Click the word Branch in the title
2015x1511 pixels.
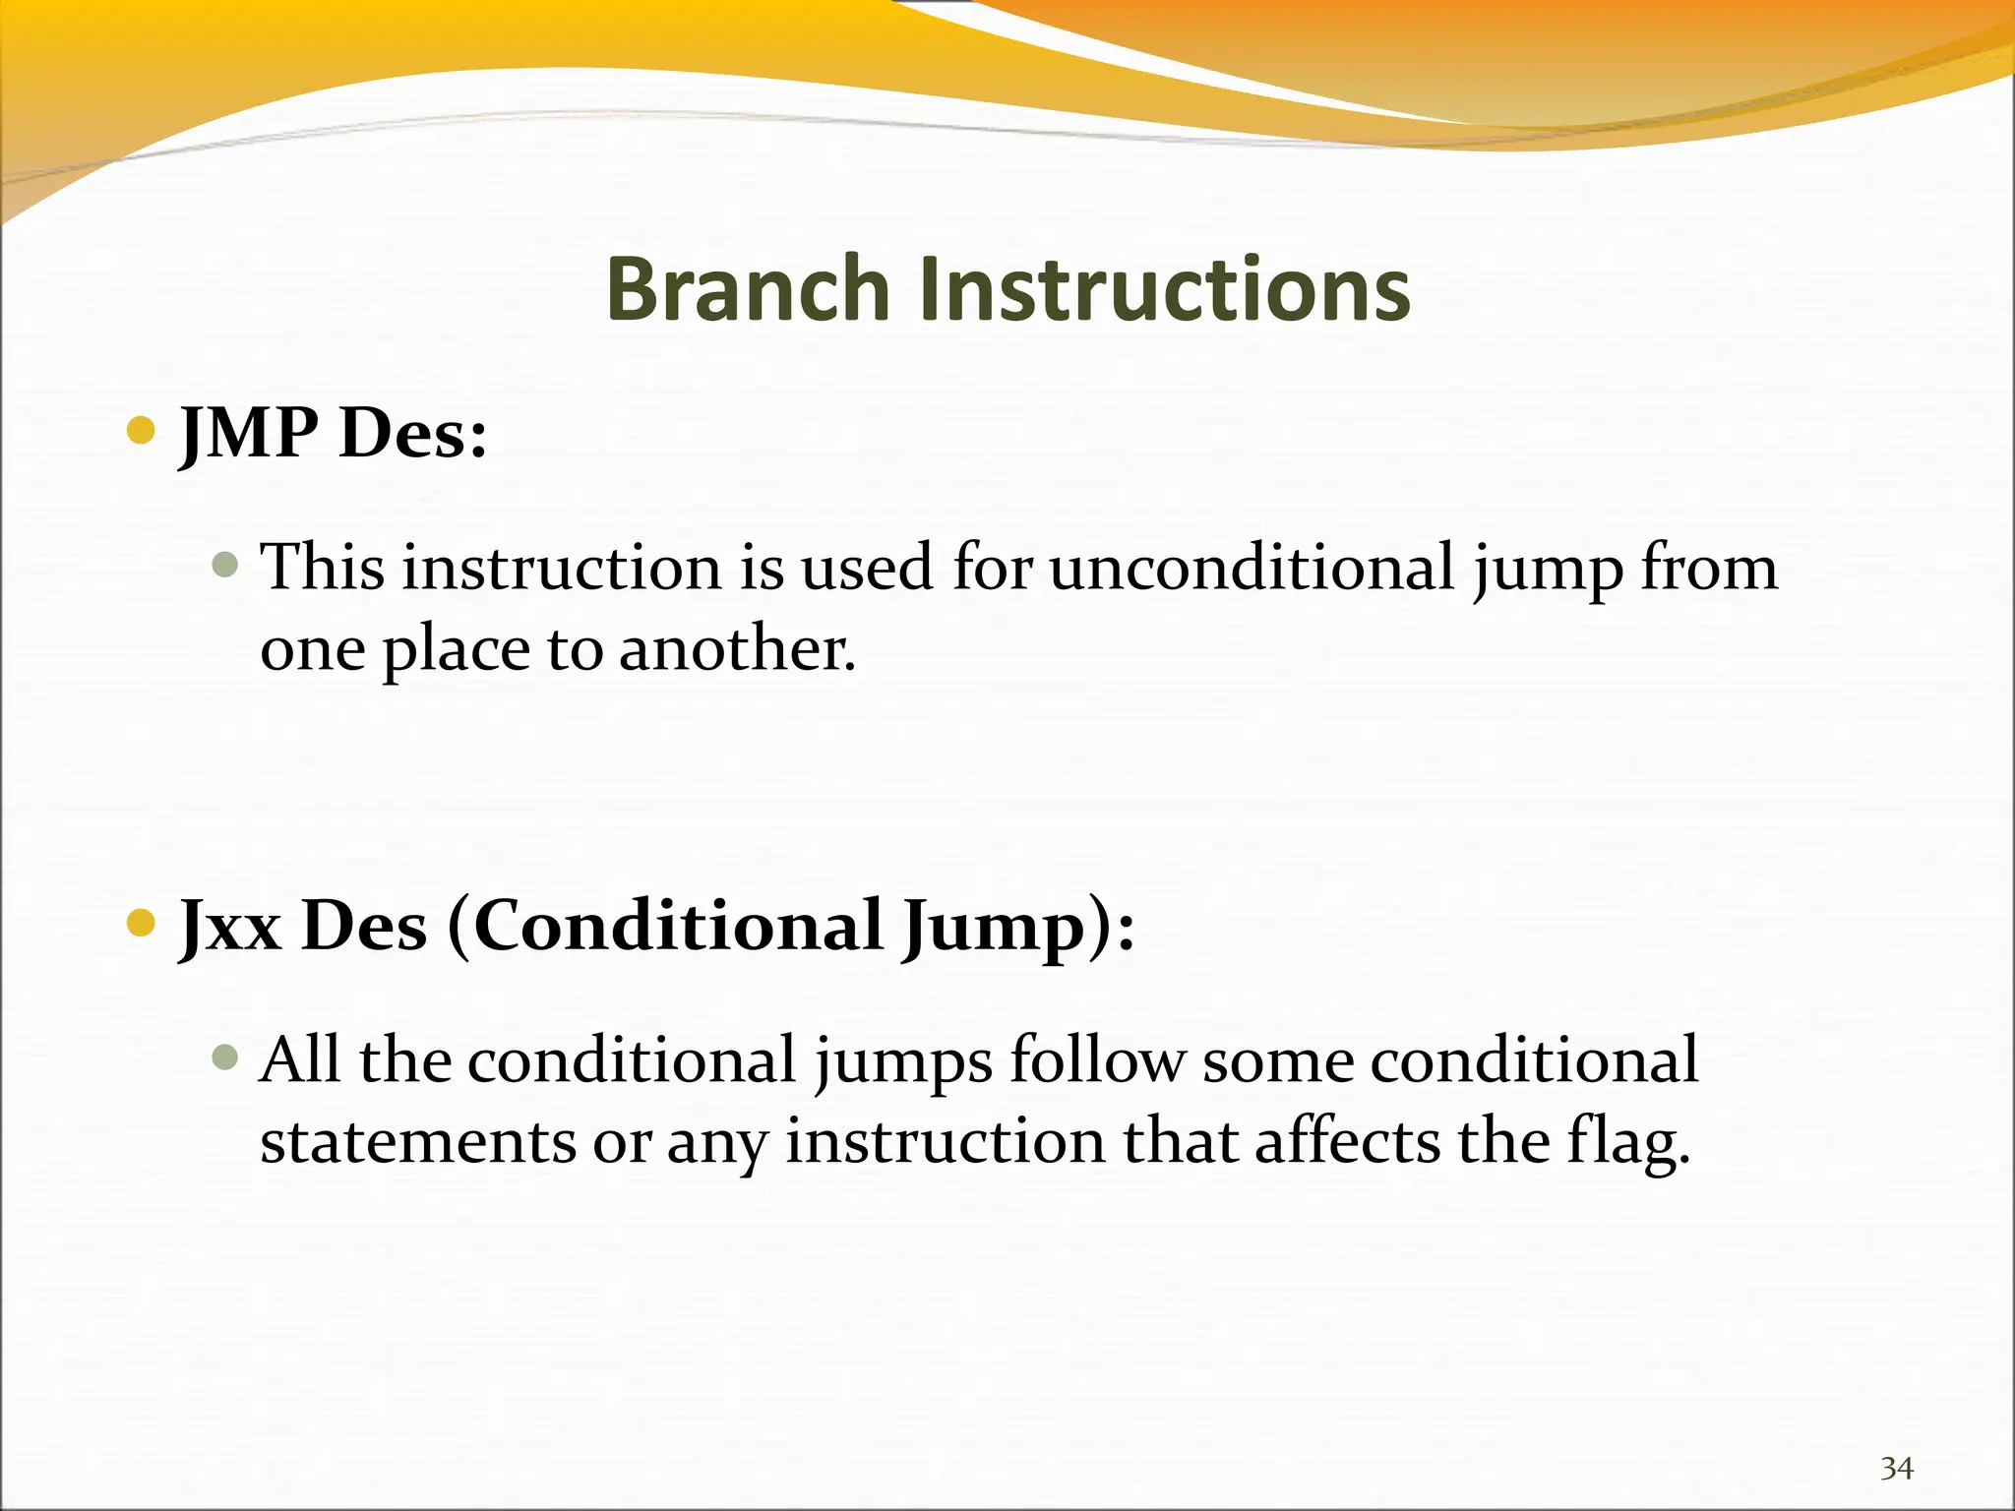click(747, 289)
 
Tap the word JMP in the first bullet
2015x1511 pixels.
click(249, 433)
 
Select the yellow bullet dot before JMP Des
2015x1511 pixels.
click(142, 431)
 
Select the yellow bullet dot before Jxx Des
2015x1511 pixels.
click(142, 923)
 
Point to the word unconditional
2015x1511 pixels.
click(1252, 568)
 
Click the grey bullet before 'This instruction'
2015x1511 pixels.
click(225, 565)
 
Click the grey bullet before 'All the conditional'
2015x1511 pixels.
click(225, 1058)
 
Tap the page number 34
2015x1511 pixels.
click(1896, 1469)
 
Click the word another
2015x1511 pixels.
click(737, 650)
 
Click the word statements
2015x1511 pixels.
click(418, 1143)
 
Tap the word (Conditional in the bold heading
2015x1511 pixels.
click(666, 926)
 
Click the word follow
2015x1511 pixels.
click(1097, 1059)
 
